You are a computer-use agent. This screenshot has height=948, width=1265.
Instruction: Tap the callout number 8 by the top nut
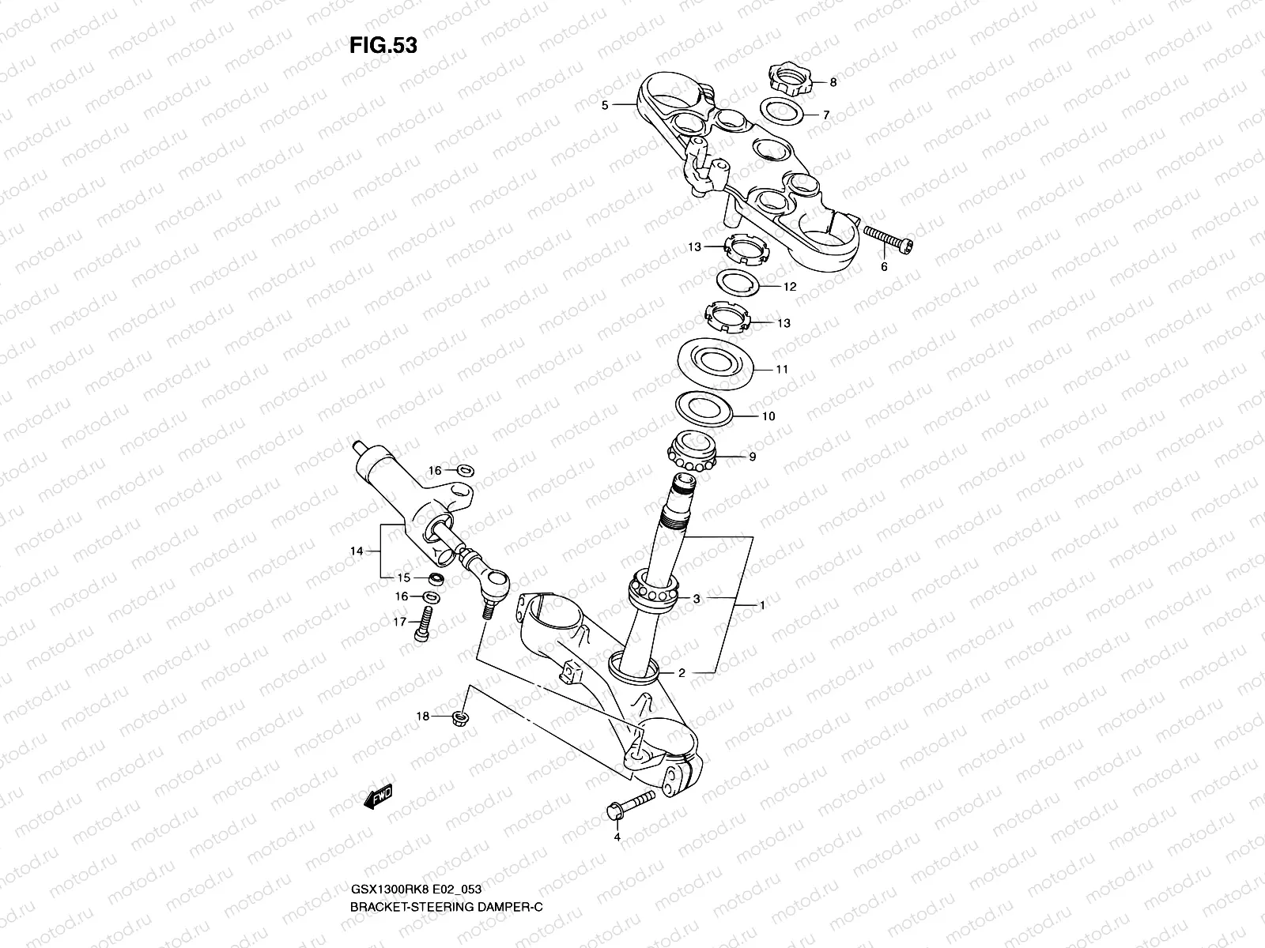coord(833,82)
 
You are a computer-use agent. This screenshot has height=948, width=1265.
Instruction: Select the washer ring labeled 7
coord(783,111)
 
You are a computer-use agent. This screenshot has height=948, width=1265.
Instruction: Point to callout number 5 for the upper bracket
coord(604,104)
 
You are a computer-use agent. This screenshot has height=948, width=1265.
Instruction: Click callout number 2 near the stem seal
coord(682,674)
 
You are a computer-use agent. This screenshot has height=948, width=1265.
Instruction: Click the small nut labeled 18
coord(458,717)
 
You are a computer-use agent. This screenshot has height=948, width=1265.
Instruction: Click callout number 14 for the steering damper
coord(357,551)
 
